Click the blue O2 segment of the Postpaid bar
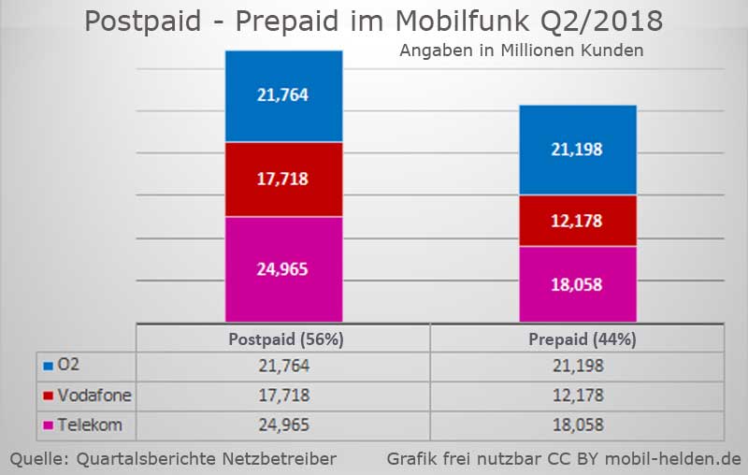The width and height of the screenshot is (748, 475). [x=283, y=95]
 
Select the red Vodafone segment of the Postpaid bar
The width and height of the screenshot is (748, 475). [x=283, y=179]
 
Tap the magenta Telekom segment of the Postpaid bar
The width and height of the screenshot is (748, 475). [x=283, y=269]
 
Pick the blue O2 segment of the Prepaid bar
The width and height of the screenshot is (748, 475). [x=578, y=150]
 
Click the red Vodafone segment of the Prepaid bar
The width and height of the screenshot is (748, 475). [x=578, y=221]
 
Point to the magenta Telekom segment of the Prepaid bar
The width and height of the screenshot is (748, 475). [x=578, y=283]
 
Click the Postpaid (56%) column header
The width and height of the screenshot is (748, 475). [x=283, y=339]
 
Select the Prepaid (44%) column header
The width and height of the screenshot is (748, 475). [x=577, y=339]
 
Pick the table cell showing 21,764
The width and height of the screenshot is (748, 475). [x=283, y=367]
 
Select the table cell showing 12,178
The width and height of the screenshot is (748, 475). [x=577, y=396]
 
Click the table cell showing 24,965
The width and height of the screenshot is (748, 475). [x=283, y=425]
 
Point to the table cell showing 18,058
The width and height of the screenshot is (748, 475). [x=577, y=425]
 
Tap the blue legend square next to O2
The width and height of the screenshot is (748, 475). [x=48, y=367]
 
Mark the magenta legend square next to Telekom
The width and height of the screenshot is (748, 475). [x=48, y=426]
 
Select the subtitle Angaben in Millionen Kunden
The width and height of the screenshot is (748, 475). [x=521, y=50]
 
